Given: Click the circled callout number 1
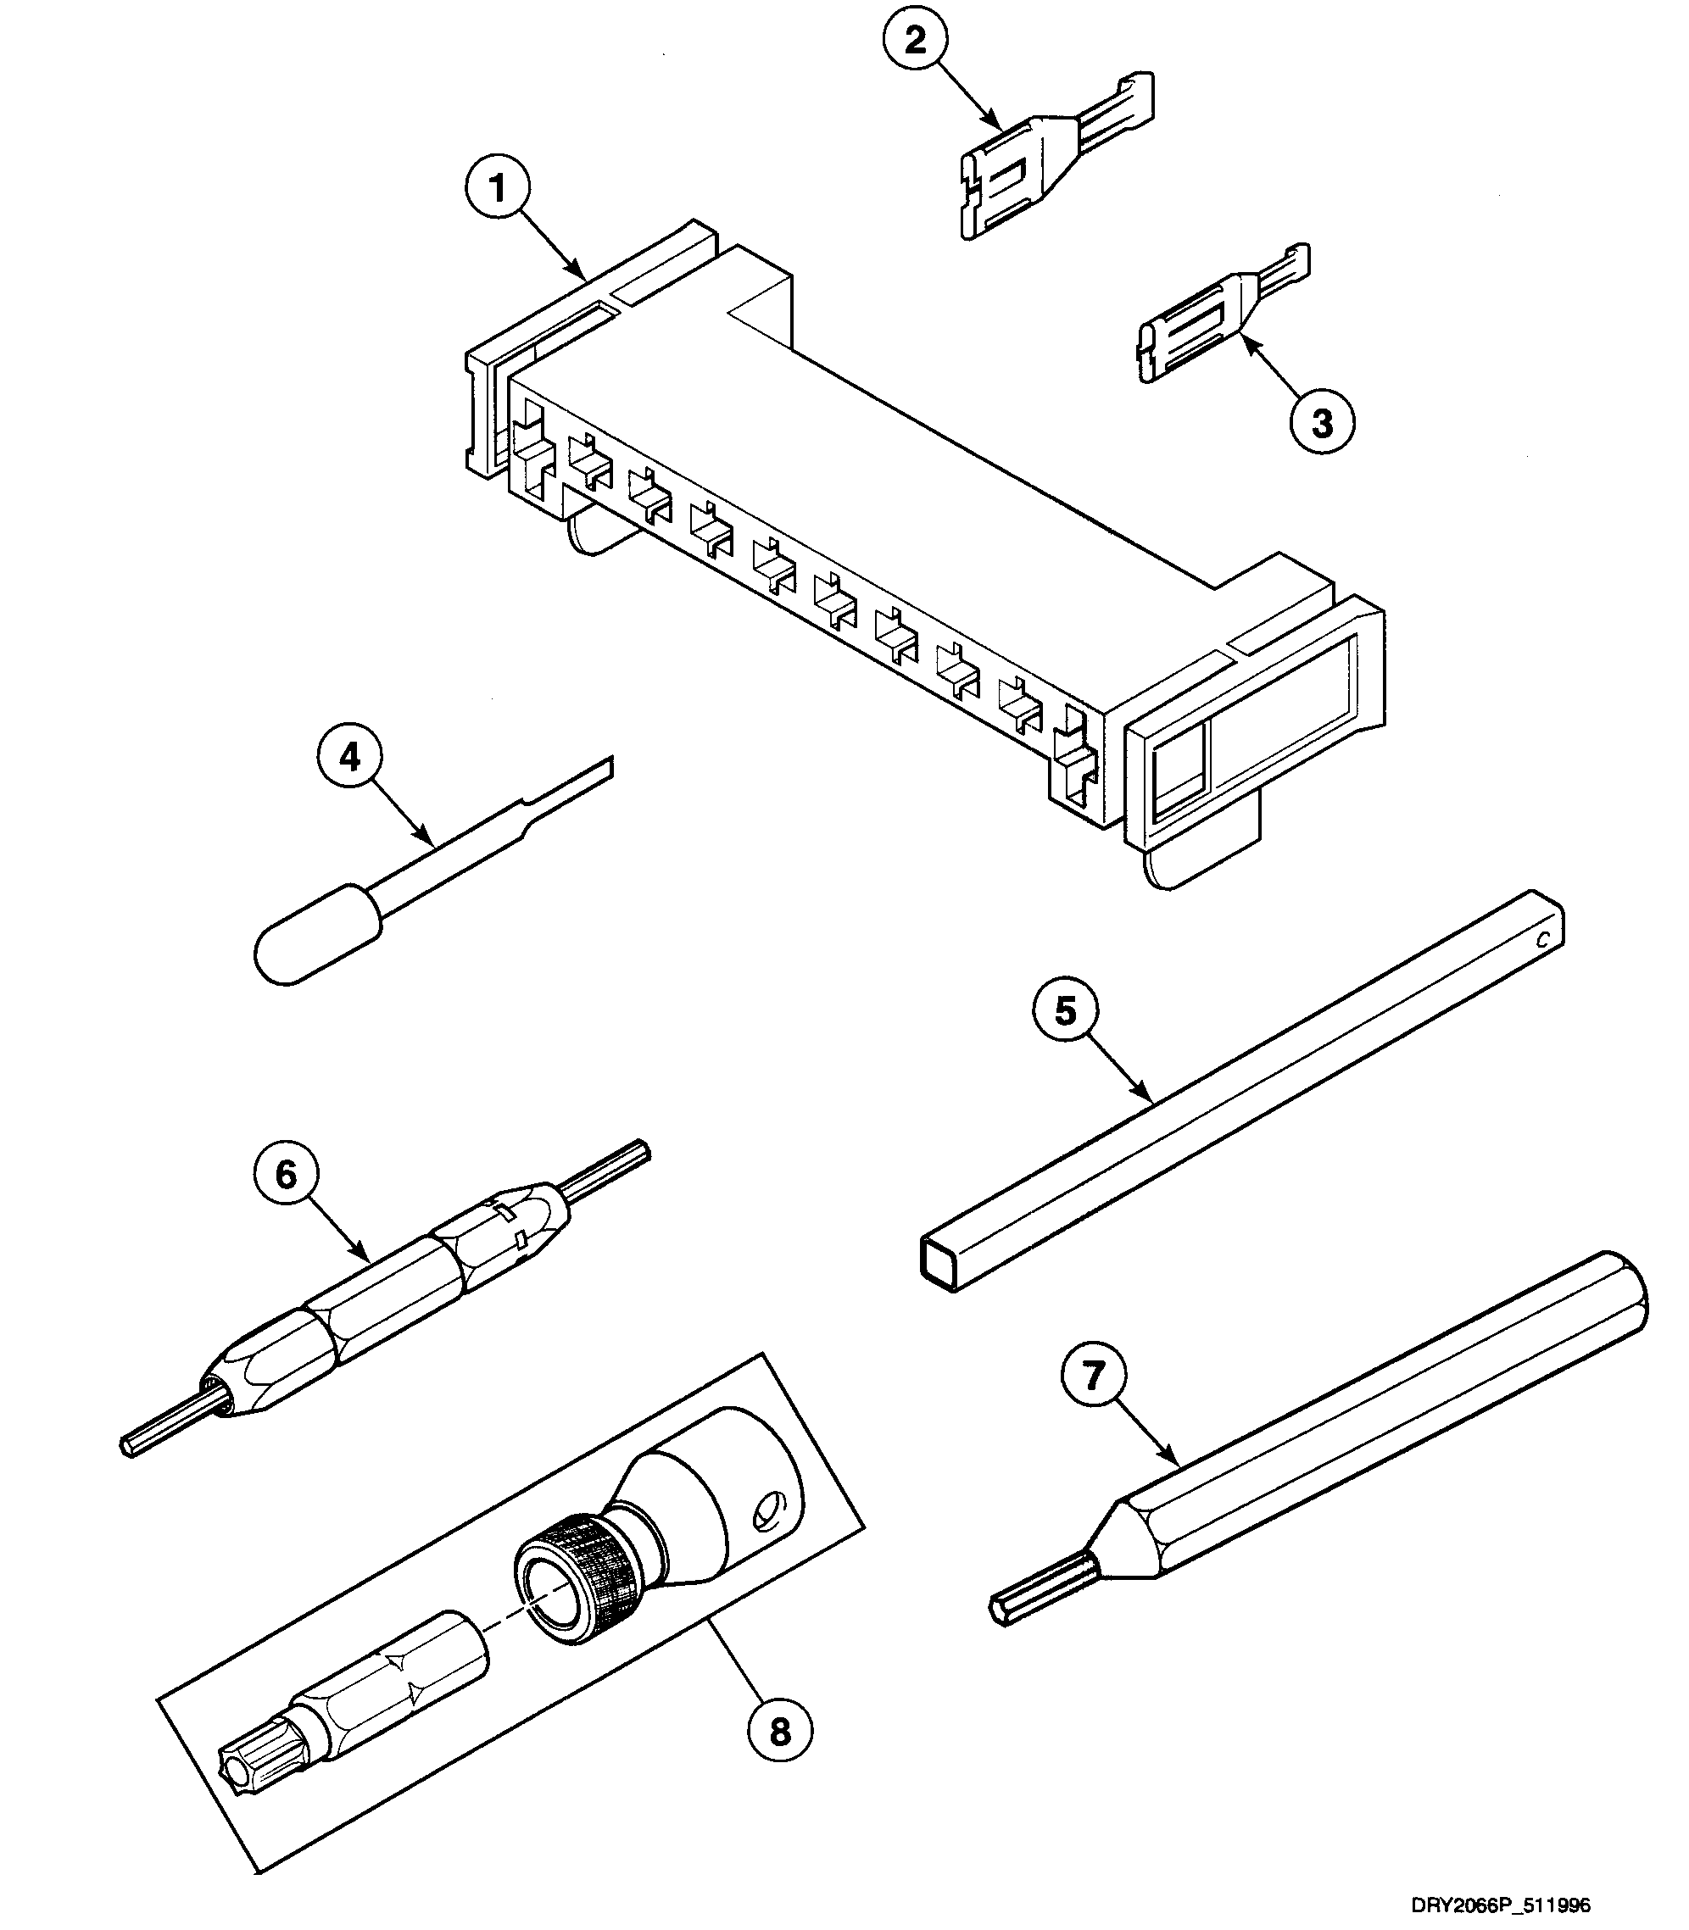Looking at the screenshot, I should coord(498,188).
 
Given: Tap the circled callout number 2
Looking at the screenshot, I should coord(915,41).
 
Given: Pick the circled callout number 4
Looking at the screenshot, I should coord(349,757).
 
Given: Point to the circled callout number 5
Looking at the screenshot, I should coord(1065,1011).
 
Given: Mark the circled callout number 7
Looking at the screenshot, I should coord(1093,1376).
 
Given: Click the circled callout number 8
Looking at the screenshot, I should coord(779,1731).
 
